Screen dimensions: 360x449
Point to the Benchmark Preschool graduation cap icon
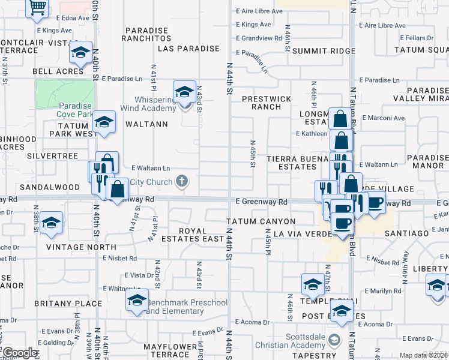tap(137, 301)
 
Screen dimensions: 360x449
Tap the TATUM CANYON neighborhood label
tap(261, 221)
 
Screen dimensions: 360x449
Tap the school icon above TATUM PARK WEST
tap(104, 122)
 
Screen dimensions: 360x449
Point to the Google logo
tap(20, 353)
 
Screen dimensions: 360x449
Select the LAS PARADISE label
tap(188, 48)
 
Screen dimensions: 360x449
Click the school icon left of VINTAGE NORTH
tap(52, 223)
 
